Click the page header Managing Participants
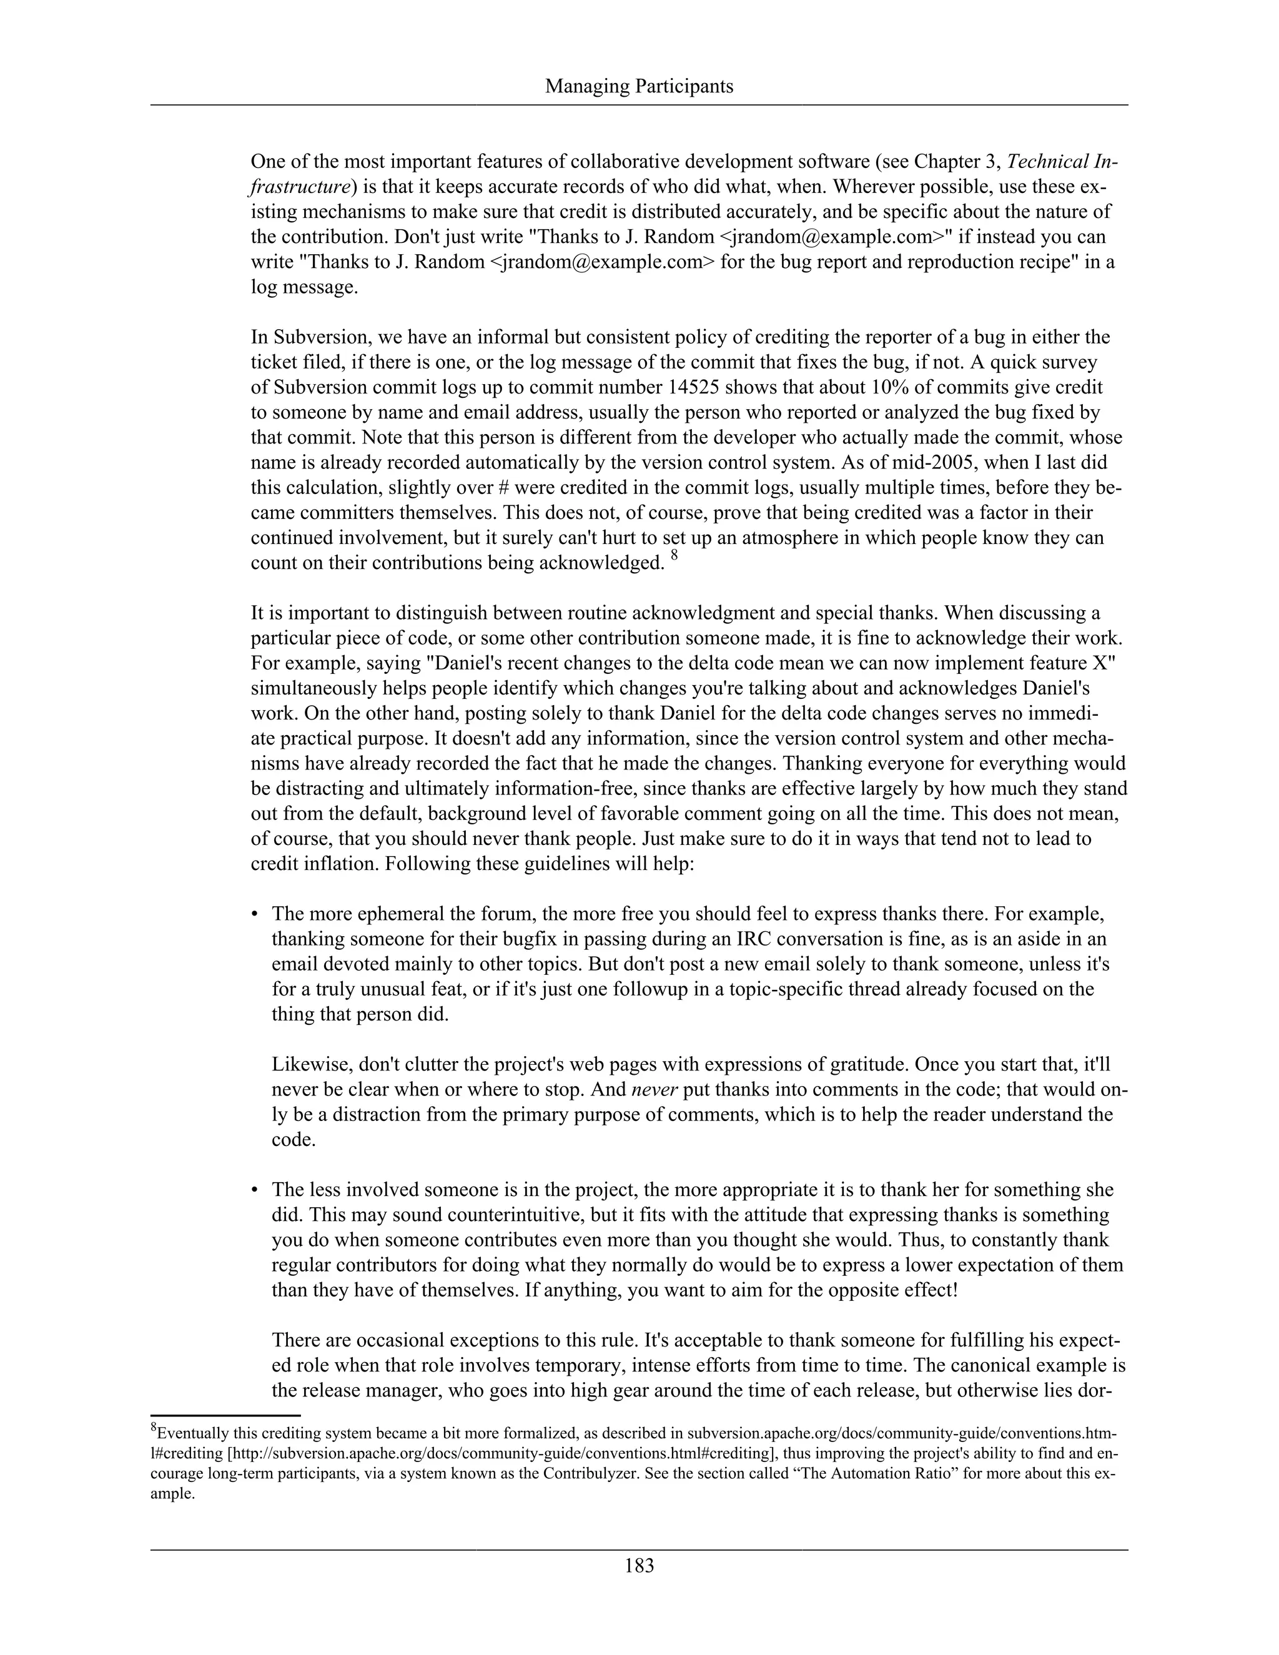coord(639,86)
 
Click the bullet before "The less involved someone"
coord(255,1190)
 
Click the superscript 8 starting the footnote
coord(154,1429)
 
